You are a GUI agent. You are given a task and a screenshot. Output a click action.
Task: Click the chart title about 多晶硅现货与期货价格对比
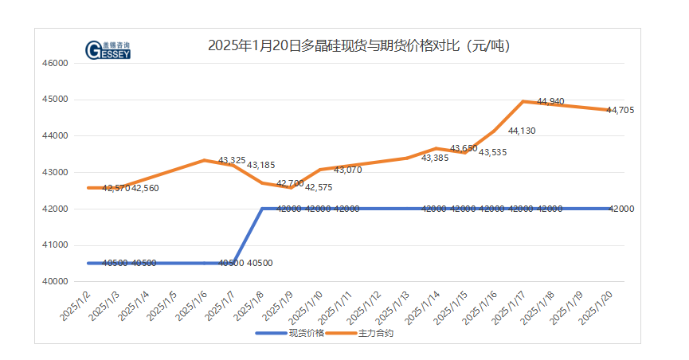click(x=358, y=46)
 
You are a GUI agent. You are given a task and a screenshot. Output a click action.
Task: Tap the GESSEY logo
click(x=108, y=50)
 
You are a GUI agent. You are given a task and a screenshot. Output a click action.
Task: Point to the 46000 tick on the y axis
click(x=54, y=63)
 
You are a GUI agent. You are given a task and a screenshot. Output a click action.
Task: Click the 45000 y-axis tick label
click(x=54, y=100)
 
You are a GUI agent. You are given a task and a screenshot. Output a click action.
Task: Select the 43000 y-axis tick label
click(x=54, y=172)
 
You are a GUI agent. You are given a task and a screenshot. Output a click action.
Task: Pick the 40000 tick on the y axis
click(x=54, y=281)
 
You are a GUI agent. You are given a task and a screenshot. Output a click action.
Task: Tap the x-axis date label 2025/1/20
click(x=597, y=307)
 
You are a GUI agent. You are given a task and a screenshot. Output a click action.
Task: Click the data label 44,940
click(x=550, y=101)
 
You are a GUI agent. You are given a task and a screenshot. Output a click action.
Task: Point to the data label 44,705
click(x=620, y=110)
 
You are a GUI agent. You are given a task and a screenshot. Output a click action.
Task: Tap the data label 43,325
click(x=232, y=160)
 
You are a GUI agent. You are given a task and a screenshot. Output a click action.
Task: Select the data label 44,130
click(x=522, y=131)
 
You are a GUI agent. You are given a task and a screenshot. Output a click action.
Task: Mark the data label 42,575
click(x=319, y=187)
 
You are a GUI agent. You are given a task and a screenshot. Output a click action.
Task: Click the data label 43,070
click(x=347, y=170)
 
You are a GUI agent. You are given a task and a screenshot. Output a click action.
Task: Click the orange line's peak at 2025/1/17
click(x=523, y=101)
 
